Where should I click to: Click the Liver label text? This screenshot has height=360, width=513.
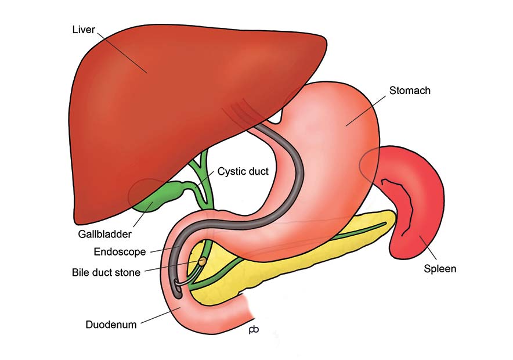coord(84,30)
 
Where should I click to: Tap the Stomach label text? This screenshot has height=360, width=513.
coord(410,91)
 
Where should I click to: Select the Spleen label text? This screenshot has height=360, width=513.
coord(440,269)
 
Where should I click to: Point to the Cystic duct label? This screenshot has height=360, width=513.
coord(243,171)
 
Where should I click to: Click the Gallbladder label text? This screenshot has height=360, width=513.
coord(104,234)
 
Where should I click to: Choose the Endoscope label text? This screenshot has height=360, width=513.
coord(120,251)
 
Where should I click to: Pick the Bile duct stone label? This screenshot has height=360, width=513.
coord(106,272)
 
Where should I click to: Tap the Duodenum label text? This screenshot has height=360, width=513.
coord(111,325)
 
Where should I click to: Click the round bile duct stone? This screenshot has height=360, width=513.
coord(203,261)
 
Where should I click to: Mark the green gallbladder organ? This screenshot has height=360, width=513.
coord(157,196)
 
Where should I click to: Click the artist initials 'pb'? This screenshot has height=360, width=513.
coord(254,329)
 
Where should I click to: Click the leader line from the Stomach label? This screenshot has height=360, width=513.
coord(366,111)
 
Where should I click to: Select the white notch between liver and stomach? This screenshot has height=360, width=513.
coord(276,118)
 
